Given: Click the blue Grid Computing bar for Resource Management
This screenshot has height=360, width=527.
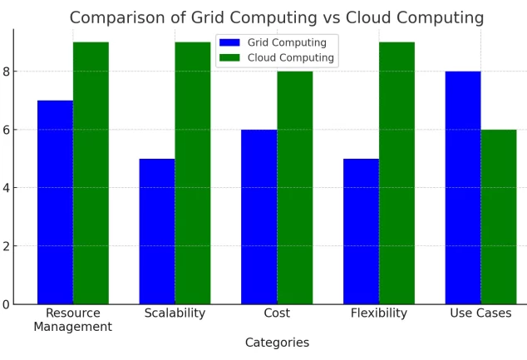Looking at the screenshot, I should point(55,202).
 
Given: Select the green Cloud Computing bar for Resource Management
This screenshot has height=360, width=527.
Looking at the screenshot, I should point(91,173).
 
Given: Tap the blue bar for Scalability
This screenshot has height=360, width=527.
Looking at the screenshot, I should point(157,231).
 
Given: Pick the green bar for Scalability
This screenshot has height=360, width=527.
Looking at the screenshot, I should point(193,173).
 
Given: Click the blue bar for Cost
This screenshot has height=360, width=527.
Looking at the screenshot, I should point(259,216).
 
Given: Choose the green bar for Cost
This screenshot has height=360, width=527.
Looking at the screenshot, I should point(295,187).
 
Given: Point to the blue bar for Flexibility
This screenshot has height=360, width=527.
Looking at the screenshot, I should point(361,231).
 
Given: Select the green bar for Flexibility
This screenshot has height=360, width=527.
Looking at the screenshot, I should point(396,173).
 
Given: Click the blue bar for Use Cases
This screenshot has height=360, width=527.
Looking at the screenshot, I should point(463,187).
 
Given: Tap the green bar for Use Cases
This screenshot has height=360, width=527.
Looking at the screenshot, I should point(499,216).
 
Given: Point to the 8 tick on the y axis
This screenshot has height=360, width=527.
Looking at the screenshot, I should point(6,72).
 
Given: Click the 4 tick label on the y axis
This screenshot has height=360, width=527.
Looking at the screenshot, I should point(6,188).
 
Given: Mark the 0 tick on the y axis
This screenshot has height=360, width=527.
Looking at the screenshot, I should point(6,304).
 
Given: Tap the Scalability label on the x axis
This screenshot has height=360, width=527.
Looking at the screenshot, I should point(175,313).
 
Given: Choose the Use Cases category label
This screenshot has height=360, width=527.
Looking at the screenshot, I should point(480,313).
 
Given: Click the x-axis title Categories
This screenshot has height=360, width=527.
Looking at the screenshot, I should point(277,343).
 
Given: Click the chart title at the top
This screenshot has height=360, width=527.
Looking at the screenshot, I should point(277,17).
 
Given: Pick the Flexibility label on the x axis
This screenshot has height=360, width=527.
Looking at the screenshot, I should point(379,313).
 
